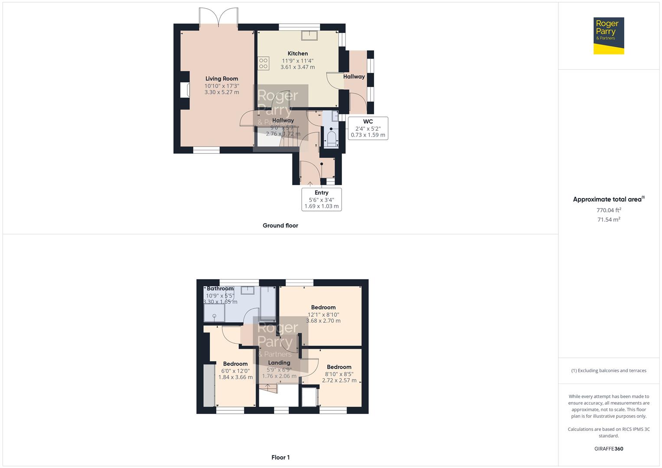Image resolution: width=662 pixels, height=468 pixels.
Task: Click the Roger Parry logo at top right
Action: tap(608, 36)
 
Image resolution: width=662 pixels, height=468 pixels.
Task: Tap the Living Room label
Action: tap(222, 79)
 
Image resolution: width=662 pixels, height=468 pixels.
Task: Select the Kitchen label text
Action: tap(298, 54)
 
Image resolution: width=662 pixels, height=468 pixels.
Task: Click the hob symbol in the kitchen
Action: tap(263, 63)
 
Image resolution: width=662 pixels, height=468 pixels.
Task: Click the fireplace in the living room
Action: tap(185, 90)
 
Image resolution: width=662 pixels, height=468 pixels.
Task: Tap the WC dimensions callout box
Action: tap(368, 128)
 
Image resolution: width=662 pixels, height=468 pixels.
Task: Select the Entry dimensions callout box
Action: tap(321, 199)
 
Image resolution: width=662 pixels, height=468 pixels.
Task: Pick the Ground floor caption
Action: tap(280, 225)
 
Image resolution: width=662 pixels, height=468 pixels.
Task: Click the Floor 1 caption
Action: tap(280, 457)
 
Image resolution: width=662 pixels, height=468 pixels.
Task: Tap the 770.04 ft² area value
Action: tap(609, 210)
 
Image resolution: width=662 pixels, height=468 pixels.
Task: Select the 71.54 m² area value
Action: tap(609, 220)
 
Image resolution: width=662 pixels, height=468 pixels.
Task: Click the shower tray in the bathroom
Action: tap(214, 313)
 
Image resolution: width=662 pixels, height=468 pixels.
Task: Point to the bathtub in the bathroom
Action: tap(267, 303)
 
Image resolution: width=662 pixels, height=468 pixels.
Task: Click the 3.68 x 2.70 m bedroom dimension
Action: tap(323, 321)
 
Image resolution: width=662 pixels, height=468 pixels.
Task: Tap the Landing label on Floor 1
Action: tap(279, 363)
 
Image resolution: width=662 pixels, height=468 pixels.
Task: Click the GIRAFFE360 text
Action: tap(609, 448)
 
